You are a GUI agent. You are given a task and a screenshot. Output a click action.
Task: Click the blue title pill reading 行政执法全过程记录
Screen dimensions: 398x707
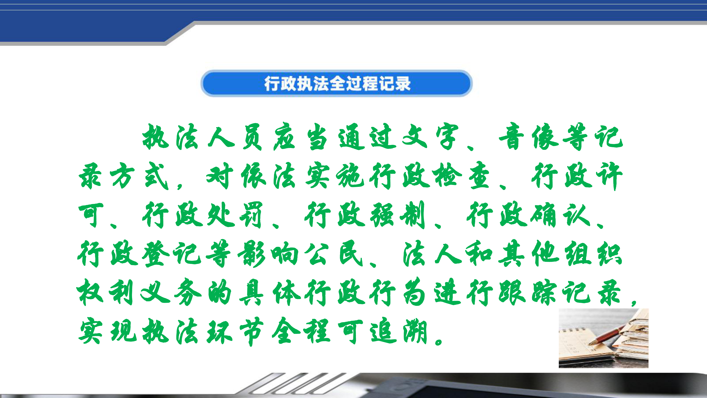click(x=337, y=83)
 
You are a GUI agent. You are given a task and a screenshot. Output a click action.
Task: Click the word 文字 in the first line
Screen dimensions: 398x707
click(x=430, y=137)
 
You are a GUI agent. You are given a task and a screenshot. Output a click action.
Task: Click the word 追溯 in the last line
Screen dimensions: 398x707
click(x=398, y=331)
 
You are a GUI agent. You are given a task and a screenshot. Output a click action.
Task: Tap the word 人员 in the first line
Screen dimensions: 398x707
click(x=236, y=137)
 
